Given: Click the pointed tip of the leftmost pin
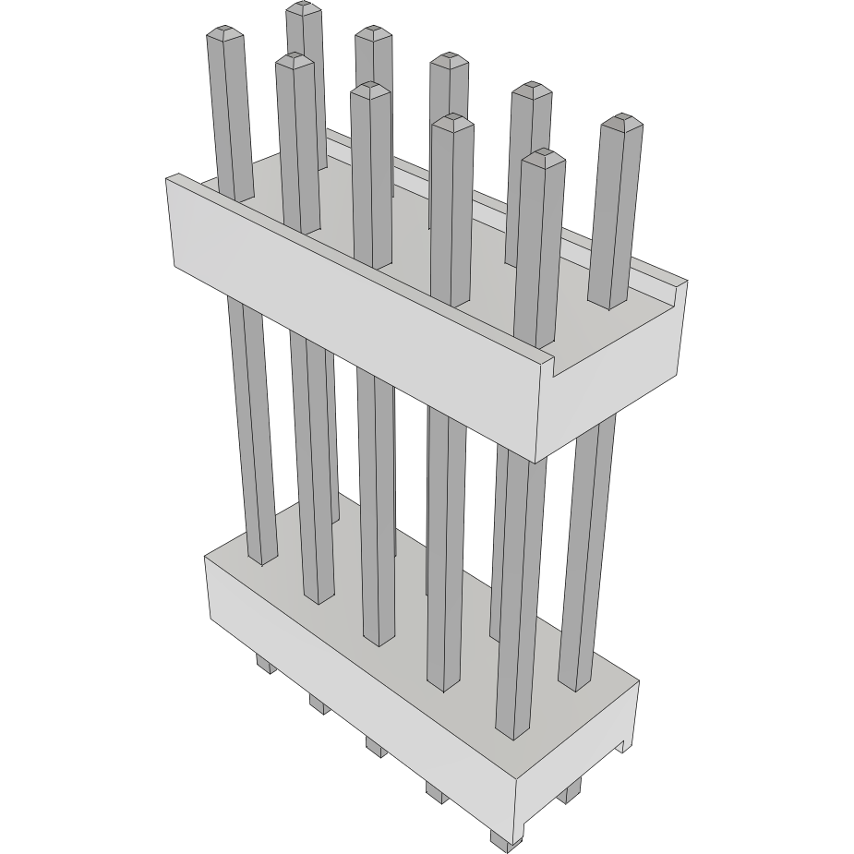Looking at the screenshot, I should point(225,34).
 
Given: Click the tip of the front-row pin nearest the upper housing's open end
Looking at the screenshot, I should point(542,156).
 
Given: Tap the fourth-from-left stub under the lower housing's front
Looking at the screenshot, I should point(435,790).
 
